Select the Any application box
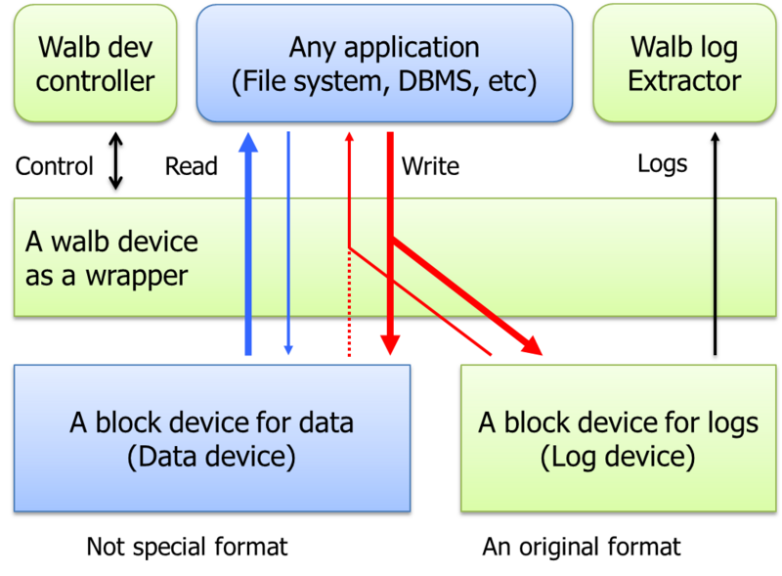(x=384, y=62)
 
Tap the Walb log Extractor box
(x=683, y=62)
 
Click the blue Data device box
(x=211, y=436)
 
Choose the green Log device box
(x=618, y=436)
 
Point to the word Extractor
(x=684, y=80)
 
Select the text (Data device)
(x=211, y=456)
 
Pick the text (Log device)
(x=618, y=456)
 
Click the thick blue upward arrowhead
(x=248, y=142)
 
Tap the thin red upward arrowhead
(x=349, y=137)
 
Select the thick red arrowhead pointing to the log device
(x=533, y=346)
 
